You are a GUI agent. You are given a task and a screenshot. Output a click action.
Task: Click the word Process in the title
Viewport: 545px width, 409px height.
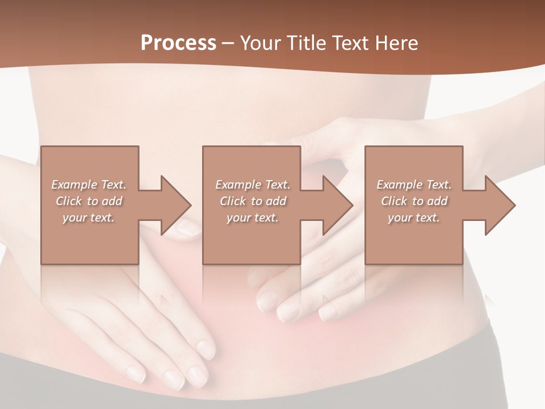coord(178,43)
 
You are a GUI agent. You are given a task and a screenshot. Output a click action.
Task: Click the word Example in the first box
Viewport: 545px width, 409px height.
coord(74,185)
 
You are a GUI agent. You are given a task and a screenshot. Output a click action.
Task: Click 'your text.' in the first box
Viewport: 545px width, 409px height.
coord(89,218)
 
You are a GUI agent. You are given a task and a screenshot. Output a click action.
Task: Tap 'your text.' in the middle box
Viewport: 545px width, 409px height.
coord(252,218)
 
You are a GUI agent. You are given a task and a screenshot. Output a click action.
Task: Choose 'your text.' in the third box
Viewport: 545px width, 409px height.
coord(414,218)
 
